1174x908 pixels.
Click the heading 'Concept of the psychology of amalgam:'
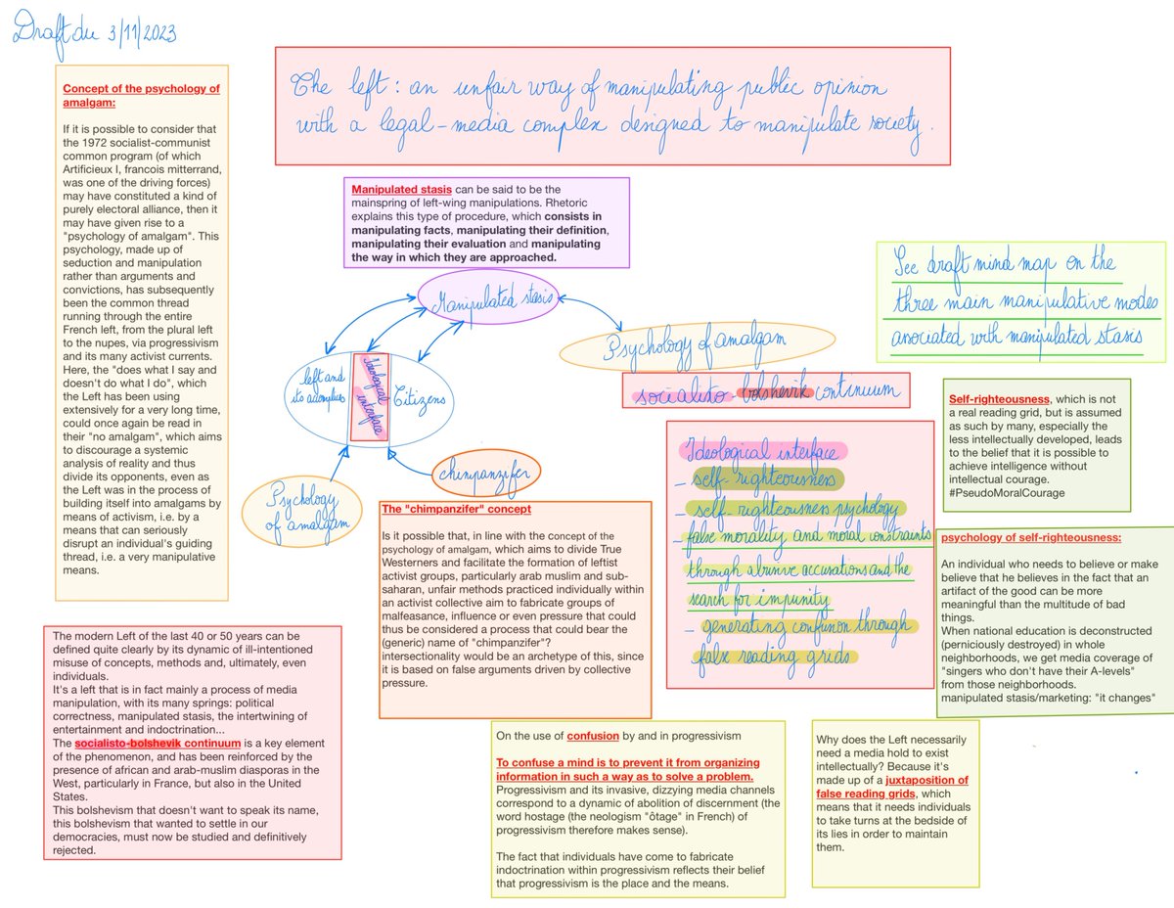(141, 96)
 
